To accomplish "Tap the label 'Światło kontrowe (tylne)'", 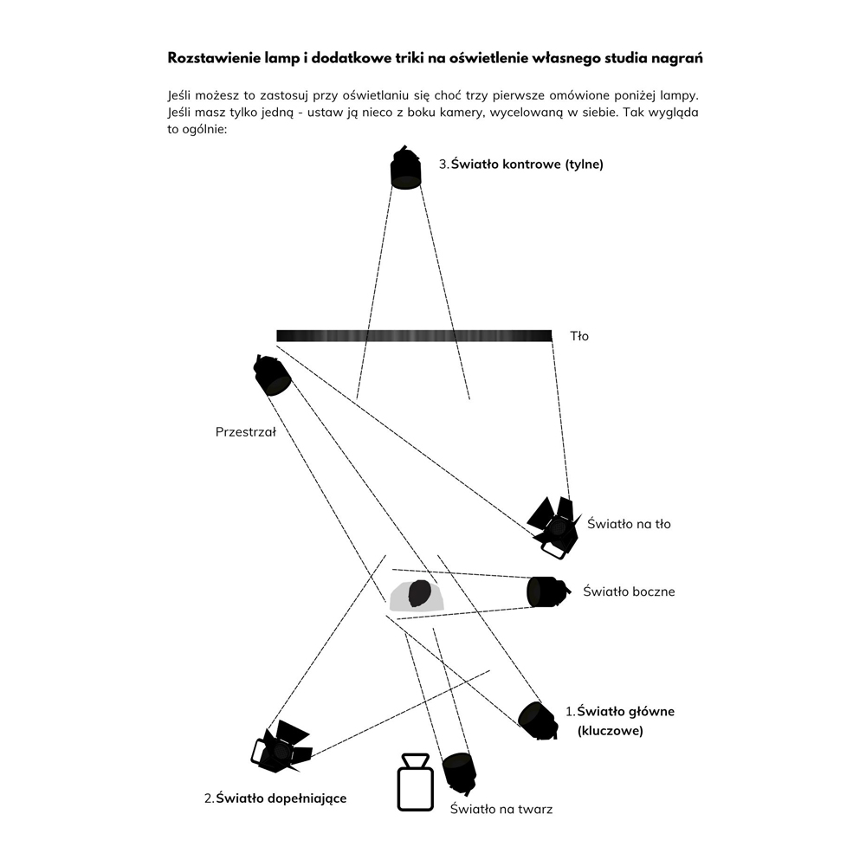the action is pyautogui.click(x=527, y=164).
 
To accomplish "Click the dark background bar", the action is pyautogui.click(x=414, y=336).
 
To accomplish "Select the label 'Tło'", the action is pyautogui.click(x=579, y=336).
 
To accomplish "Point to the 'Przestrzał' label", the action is pyautogui.click(x=246, y=432).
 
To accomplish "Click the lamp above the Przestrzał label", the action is pyautogui.click(x=272, y=375).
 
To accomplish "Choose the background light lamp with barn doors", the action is pyautogui.click(x=553, y=527).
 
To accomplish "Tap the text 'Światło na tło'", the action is pyautogui.click(x=629, y=524).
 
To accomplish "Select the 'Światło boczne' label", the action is pyautogui.click(x=629, y=591).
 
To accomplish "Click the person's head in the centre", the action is pyautogui.click(x=420, y=594).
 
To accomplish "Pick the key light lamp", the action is pyautogui.click(x=538, y=721).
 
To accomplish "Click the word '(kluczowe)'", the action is pyautogui.click(x=611, y=731).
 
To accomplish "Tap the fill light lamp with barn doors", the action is pyautogui.click(x=281, y=746).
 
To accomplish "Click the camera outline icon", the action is pyautogui.click(x=416, y=782).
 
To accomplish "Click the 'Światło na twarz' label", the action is pyautogui.click(x=501, y=809).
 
